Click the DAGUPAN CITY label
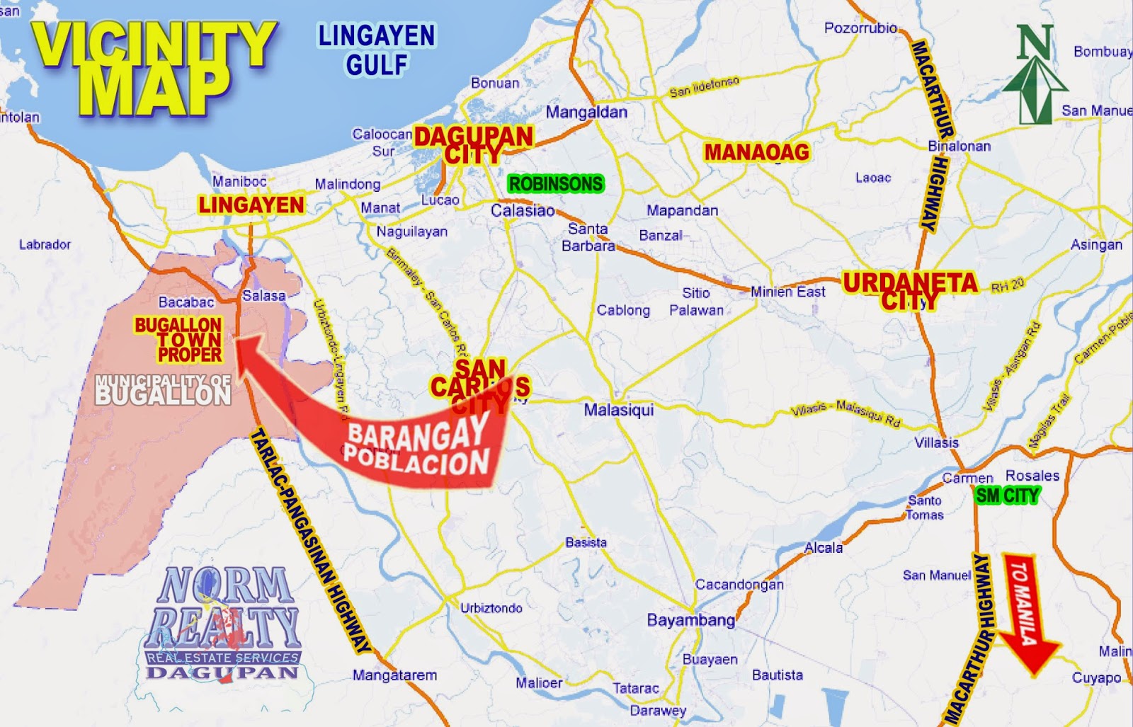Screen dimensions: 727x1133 (473, 144)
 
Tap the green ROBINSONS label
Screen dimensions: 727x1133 (556, 184)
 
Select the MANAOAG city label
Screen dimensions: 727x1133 (756, 151)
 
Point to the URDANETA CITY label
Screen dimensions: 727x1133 (910, 290)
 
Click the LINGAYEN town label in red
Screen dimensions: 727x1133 (251, 205)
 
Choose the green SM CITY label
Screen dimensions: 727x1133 (1007, 496)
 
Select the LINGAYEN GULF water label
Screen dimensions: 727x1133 (377, 50)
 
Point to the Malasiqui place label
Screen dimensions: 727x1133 (618, 410)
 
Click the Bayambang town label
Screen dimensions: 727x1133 (690, 620)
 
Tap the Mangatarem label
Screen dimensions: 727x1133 (394, 675)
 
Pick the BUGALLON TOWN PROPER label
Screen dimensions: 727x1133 (179, 339)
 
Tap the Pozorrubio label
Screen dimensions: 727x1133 (860, 28)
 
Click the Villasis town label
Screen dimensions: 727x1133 (936, 442)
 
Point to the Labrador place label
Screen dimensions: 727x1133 (45, 244)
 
